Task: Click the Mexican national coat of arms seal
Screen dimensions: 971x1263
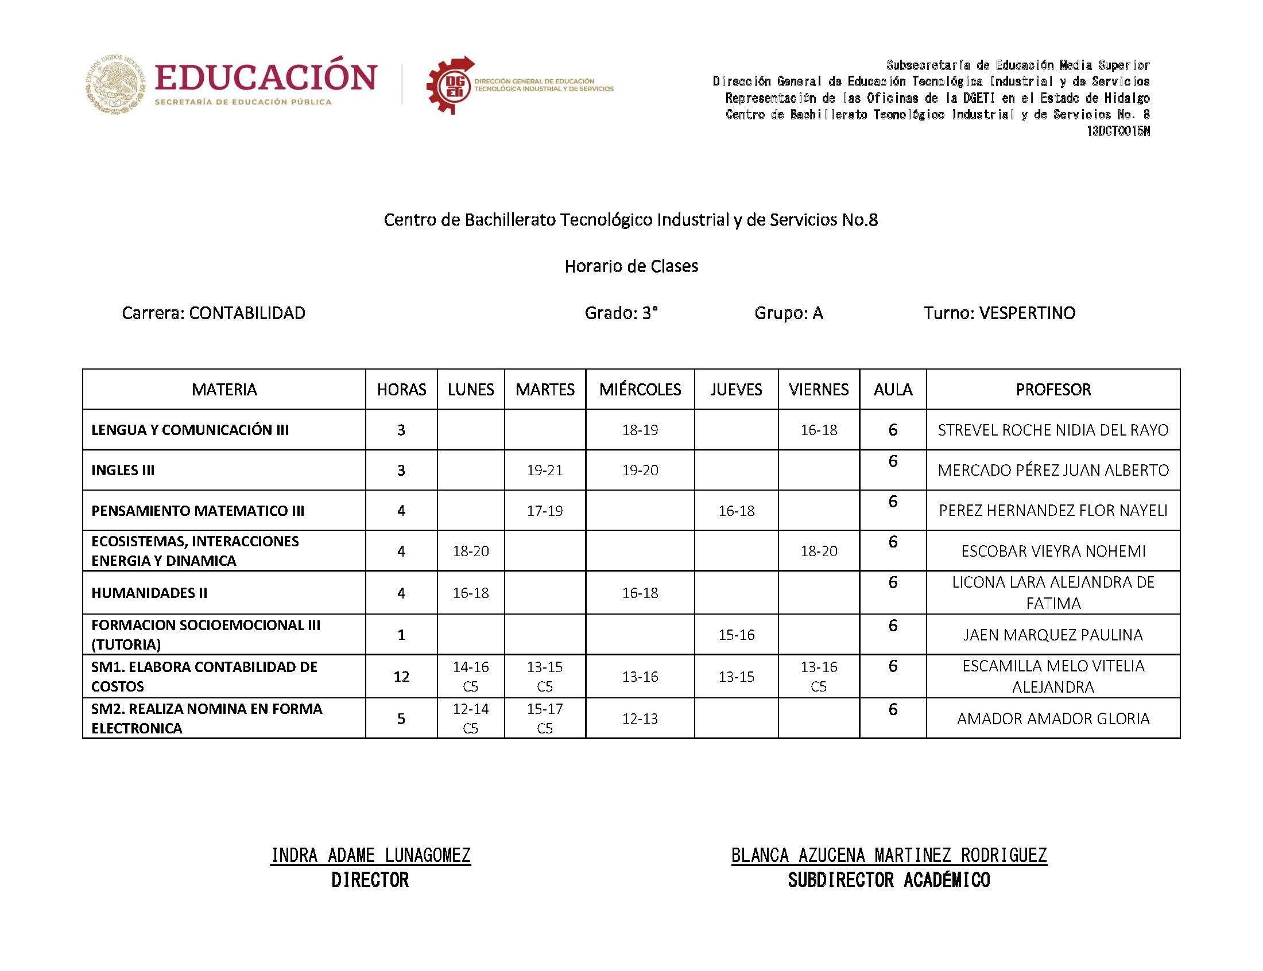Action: [115, 84]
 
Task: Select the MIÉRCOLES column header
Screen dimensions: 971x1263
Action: [640, 389]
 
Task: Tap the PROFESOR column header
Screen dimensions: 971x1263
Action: [1053, 389]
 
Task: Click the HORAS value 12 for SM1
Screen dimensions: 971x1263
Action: [401, 676]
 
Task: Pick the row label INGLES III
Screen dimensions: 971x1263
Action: [123, 470]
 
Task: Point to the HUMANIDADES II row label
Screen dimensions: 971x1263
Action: [149, 592]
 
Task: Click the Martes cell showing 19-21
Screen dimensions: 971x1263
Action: [544, 470]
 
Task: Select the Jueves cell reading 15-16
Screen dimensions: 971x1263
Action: [736, 635]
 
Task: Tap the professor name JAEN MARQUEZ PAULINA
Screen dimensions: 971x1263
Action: [1053, 635]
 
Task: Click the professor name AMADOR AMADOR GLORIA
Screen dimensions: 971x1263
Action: [1053, 718]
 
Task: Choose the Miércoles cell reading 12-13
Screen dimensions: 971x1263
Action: [640, 718]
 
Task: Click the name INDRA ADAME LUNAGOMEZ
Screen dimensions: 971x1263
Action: [370, 855]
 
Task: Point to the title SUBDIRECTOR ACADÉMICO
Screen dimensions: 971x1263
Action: [889, 880]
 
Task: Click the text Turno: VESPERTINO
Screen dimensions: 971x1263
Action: [999, 313]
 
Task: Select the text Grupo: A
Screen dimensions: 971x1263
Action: [788, 313]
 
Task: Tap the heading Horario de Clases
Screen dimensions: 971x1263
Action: [631, 266]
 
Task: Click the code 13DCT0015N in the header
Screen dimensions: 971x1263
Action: [1118, 131]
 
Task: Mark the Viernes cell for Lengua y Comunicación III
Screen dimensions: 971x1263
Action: [819, 429]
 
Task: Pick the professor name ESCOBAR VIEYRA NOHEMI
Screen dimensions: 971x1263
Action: [1053, 551]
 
